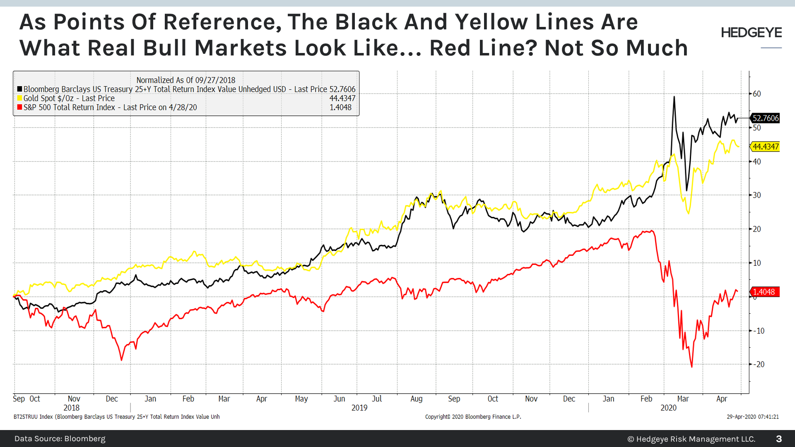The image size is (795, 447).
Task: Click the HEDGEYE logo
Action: coord(751,33)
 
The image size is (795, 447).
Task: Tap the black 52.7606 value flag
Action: coord(765,118)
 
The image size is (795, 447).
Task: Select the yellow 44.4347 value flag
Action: coord(765,147)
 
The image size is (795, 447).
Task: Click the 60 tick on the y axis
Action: coord(757,94)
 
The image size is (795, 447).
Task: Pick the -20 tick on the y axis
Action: coord(759,365)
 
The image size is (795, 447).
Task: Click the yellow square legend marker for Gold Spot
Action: coord(19,99)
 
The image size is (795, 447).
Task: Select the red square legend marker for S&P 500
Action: coord(19,108)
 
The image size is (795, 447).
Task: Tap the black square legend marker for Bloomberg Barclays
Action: coord(19,89)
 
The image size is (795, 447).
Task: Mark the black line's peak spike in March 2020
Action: coord(674,97)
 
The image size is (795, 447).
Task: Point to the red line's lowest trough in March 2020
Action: coord(691,367)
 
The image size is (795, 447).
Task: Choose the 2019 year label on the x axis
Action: coord(359,408)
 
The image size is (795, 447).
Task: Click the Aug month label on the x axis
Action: coord(416,399)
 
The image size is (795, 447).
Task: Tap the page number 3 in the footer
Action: coord(779,439)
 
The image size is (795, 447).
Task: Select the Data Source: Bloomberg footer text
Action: coord(60,439)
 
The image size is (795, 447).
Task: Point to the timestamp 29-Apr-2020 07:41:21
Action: coord(752,417)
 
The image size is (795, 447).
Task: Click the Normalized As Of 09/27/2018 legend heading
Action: coord(185,80)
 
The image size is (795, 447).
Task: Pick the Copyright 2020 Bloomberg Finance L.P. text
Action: coord(473,417)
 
